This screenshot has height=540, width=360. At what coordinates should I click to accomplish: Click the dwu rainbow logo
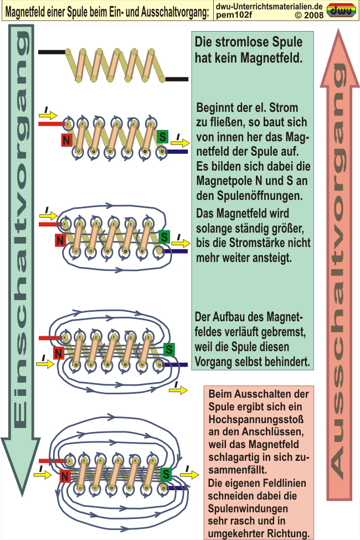341,11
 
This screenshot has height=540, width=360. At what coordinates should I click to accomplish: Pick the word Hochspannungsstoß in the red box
256,419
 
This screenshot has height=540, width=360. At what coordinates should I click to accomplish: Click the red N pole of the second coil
66,140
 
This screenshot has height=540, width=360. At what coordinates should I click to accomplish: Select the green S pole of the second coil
162,137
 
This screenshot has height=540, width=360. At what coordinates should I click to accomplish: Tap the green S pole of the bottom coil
166,474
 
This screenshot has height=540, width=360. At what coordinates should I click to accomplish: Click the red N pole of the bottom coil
64,476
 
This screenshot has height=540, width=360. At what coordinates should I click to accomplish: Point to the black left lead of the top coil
52,53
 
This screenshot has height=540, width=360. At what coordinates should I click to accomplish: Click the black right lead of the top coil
177,79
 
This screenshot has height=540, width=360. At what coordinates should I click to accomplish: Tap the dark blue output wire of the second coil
177,152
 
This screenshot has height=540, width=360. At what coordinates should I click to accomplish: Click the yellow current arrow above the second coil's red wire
48,115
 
